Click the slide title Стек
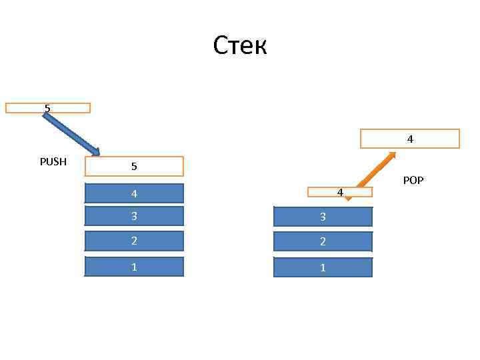click(x=240, y=46)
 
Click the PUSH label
click(x=53, y=161)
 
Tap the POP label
click(x=413, y=180)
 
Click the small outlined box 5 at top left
click(x=48, y=108)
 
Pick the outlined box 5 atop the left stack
click(x=134, y=166)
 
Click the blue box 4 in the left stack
click(x=134, y=193)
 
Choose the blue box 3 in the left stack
click(x=134, y=216)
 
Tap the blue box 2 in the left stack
click(x=134, y=241)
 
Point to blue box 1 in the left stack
click(x=134, y=267)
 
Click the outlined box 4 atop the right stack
click(x=339, y=192)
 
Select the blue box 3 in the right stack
click(x=323, y=217)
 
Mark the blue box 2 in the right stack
click(x=323, y=241)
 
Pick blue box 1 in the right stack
click(x=323, y=267)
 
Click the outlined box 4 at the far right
click(x=410, y=138)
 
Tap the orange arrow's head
click(x=391, y=155)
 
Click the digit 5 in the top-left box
click(x=47, y=107)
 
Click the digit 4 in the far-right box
click(x=410, y=139)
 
